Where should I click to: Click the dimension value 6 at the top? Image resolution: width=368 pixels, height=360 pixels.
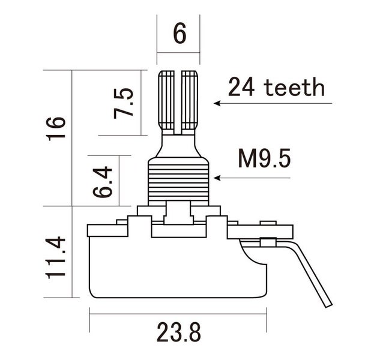179,34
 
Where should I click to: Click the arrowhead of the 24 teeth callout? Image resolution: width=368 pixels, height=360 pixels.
219,104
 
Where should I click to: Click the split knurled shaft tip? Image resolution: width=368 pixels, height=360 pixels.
179,99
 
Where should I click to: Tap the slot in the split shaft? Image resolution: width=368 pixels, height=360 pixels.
179,102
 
